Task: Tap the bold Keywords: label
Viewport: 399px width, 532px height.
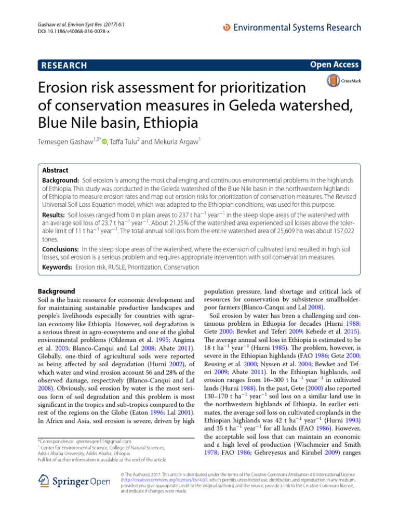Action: [x=57, y=267]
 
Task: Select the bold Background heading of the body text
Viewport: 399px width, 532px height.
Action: [x=57, y=291]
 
